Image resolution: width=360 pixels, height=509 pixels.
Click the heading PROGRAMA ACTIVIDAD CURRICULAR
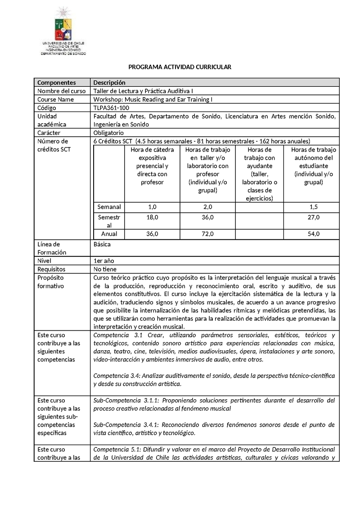click(x=180, y=67)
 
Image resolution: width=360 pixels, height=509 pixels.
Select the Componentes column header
click(x=56, y=83)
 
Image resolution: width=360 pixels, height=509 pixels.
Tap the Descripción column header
click(x=109, y=83)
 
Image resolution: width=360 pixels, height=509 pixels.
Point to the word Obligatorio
click(x=108, y=133)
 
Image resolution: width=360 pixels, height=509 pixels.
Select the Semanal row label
click(x=109, y=207)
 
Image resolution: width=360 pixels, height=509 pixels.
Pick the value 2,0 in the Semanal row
click(x=207, y=207)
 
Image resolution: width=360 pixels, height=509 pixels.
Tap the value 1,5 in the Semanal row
click(x=314, y=207)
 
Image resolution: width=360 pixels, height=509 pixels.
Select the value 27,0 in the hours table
click(x=314, y=217)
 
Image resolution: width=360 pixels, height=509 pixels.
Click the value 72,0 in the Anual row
click(x=207, y=234)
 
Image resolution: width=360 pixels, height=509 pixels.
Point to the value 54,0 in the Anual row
click(x=314, y=234)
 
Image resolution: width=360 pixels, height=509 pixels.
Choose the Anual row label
click(x=109, y=234)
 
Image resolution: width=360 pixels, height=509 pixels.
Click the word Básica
click(x=102, y=244)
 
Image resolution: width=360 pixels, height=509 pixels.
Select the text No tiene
click(x=105, y=269)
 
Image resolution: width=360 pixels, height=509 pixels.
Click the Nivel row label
click(x=45, y=261)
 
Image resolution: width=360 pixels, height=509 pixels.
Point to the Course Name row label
click(x=55, y=99)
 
